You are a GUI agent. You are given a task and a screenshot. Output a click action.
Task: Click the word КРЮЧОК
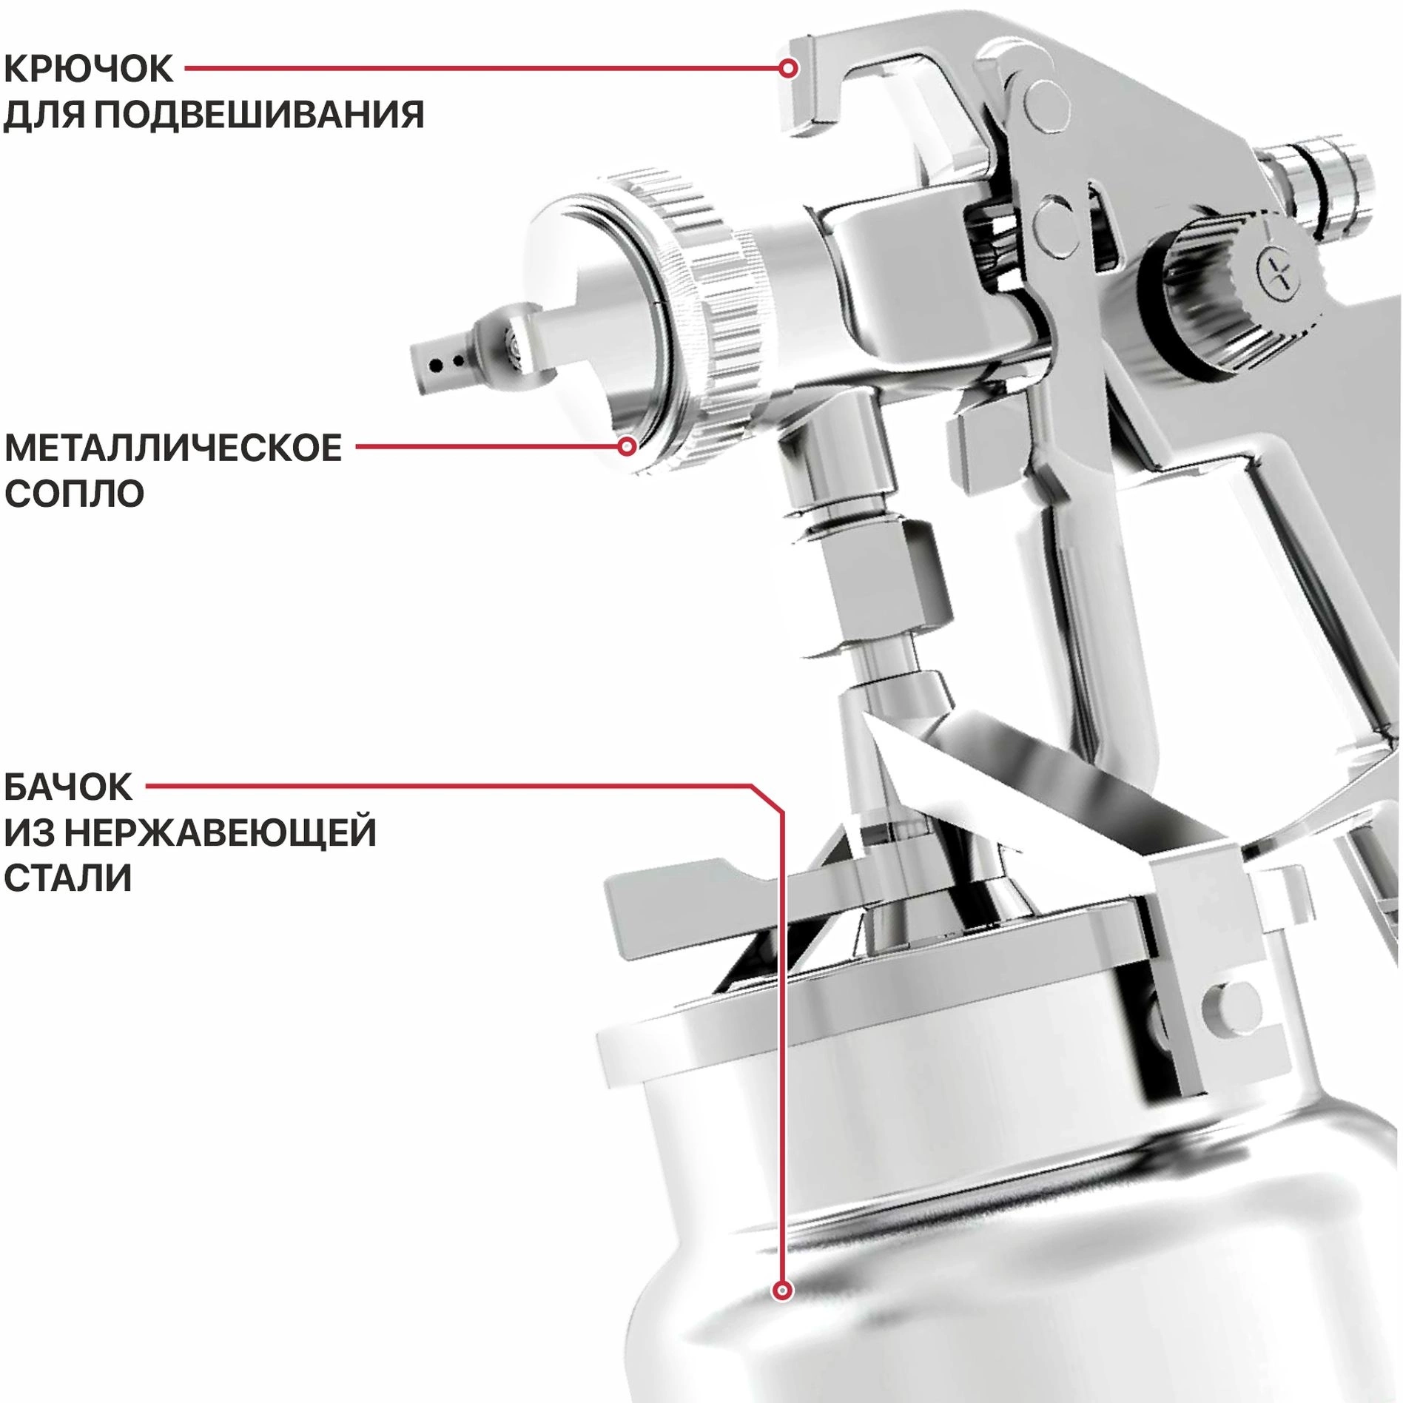coord(88,69)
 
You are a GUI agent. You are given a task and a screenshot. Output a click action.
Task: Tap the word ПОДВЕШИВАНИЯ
coord(259,115)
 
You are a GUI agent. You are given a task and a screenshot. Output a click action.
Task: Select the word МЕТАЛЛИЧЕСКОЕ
coord(173,448)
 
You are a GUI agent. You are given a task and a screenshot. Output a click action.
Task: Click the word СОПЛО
coord(74,494)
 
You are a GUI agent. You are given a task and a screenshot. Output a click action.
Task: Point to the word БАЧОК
coord(68,787)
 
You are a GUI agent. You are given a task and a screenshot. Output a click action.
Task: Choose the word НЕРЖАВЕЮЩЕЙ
coord(221,832)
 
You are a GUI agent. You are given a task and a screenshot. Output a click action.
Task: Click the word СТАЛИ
coord(68,878)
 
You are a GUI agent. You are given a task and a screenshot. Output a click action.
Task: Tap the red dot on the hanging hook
coord(789,69)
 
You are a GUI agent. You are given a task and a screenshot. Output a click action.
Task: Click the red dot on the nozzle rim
coord(628,447)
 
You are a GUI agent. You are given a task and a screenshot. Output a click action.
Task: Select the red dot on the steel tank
coord(782,1291)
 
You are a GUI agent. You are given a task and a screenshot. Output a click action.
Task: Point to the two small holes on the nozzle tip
coord(446,364)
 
